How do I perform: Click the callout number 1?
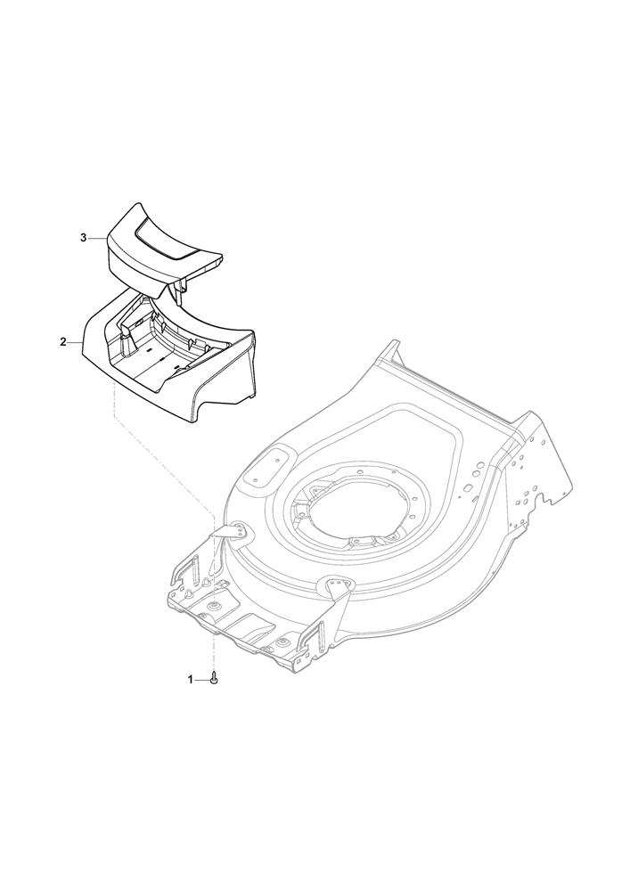click(x=191, y=679)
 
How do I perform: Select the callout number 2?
click(x=63, y=342)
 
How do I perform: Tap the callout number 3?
click(x=84, y=238)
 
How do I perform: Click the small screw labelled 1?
click(x=214, y=678)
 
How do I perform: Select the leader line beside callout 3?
click(x=97, y=238)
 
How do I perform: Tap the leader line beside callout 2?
click(x=76, y=342)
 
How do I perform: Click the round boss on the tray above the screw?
click(x=214, y=606)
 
